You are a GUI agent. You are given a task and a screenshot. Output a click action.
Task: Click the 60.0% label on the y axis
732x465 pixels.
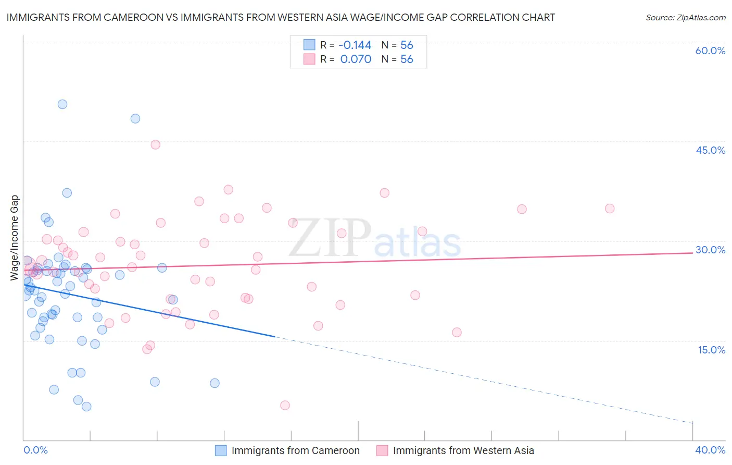coord(710,51)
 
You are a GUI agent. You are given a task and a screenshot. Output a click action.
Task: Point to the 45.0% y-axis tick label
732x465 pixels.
coord(710,150)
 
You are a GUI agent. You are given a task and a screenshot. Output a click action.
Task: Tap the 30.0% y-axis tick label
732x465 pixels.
coord(710,250)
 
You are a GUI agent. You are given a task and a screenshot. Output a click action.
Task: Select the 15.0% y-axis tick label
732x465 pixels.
coord(711,350)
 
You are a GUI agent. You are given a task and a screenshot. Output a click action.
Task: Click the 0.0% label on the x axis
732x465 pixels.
coord(35,450)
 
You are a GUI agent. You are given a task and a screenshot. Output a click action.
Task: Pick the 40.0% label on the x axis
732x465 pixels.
coord(710,450)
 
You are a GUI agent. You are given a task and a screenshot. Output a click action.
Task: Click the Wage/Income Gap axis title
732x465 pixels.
coord(15,238)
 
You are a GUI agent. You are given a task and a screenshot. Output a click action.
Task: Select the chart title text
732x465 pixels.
coord(281,17)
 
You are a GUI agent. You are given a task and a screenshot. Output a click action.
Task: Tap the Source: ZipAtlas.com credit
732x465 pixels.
coord(685,17)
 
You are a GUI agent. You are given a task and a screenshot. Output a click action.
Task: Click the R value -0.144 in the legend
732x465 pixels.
coord(356,45)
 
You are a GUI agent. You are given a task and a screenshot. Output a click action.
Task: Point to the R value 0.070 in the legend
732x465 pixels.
coord(356,59)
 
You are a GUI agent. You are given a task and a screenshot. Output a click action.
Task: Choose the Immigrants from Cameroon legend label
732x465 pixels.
coord(295,451)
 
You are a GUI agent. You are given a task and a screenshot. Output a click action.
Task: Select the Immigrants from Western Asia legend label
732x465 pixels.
coord(463,451)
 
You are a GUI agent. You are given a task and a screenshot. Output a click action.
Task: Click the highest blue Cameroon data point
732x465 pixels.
coord(62,104)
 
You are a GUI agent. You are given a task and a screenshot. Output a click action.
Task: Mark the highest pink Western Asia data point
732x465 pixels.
coord(155,145)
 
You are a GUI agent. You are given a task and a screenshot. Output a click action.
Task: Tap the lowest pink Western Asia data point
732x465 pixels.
coord(285,405)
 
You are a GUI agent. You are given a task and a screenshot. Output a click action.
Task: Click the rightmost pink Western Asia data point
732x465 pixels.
coord(610,209)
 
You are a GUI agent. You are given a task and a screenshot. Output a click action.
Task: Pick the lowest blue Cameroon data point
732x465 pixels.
coord(86,407)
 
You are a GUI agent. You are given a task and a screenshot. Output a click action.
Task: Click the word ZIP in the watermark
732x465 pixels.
coord(330,238)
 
